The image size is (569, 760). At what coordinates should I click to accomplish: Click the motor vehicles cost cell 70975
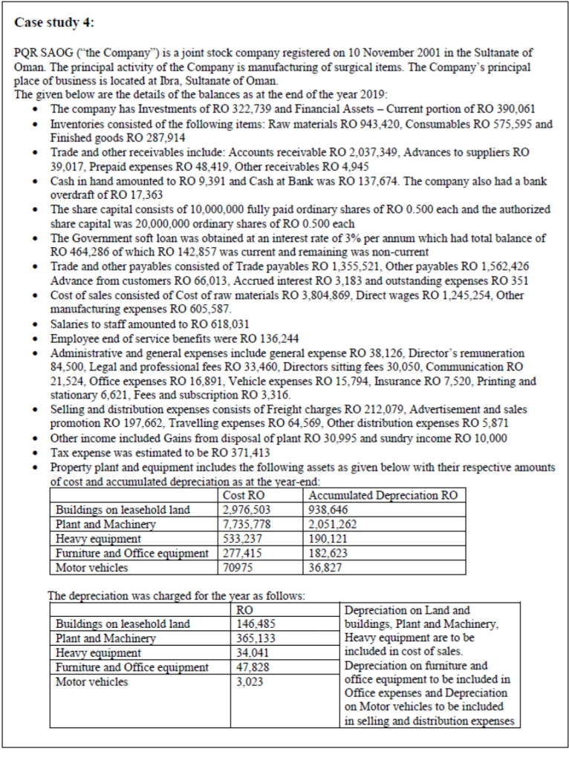tap(238, 568)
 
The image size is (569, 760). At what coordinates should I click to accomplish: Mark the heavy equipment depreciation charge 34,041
tap(241, 652)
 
